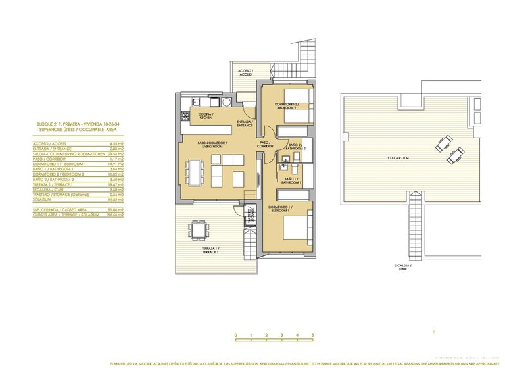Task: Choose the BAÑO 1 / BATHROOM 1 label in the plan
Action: click(293, 180)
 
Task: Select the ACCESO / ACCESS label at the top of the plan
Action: click(245, 73)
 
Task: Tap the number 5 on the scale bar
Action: click(313, 336)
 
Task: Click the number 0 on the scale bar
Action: click(235, 336)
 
